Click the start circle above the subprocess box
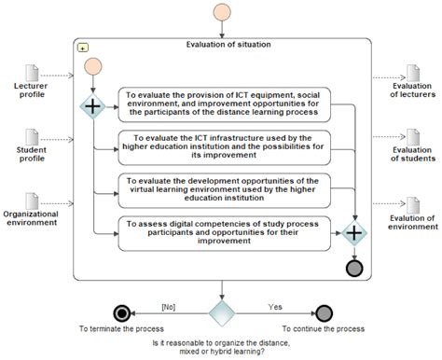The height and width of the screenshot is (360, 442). tap(222, 13)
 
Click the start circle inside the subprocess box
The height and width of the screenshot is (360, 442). tap(93, 68)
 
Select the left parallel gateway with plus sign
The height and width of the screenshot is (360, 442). tap(93, 106)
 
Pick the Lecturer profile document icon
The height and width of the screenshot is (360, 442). tap(33, 73)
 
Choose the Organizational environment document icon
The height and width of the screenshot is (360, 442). tap(33, 200)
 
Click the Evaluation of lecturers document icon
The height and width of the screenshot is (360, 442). tap(411, 73)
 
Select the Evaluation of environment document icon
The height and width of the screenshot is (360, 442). tap(411, 200)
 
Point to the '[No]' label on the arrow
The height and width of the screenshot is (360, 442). tap(169, 304)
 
